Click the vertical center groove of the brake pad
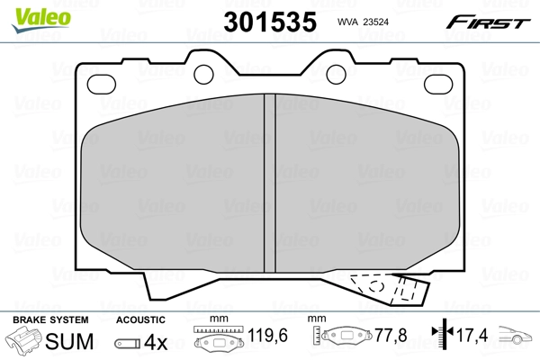click(267, 180)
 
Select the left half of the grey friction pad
click(171, 180)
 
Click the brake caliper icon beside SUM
click(24, 342)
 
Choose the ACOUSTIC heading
click(140, 319)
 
